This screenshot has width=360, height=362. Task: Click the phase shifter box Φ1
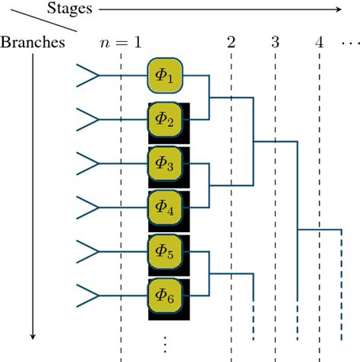[x=166, y=76]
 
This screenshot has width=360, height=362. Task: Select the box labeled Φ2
[x=166, y=119]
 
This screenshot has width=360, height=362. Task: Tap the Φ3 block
[x=166, y=162]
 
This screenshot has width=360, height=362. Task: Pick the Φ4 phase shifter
[x=166, y=206]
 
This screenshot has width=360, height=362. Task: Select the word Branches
[x=33, y=41]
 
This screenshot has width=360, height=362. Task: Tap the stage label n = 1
[x=121, y=41]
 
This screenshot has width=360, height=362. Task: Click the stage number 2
[x=231, y=41]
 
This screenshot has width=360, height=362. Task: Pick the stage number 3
[x=275, y=41]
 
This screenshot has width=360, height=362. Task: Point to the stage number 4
[x=319, y=41]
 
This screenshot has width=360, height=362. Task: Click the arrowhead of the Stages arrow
[x=338, y=9]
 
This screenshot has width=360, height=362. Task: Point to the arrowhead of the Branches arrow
[x=33, y=336]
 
